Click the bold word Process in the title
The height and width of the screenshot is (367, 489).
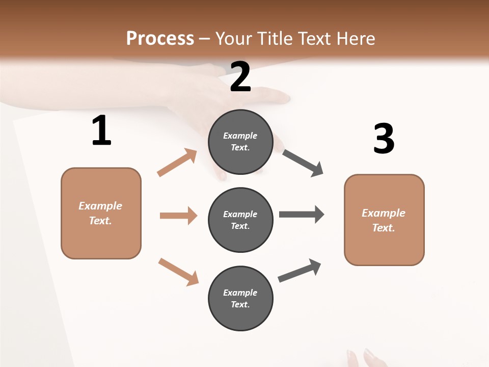tap(160, 39)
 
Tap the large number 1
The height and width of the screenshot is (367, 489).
tap(101, 131)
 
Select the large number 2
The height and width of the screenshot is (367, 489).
tap(240, 77)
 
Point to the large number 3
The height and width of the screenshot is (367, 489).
tap(384, 139)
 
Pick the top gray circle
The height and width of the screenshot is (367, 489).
tap(240, 142)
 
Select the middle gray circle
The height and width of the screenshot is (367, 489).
tap(240, 220)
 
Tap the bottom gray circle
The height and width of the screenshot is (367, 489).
tap(240, 298)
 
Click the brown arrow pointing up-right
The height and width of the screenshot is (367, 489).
tap(177, 162)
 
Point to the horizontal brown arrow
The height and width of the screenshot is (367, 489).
tap(178, 216)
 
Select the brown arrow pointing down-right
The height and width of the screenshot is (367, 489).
tap(178, 271)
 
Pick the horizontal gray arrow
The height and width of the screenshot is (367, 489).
tap(302, 215)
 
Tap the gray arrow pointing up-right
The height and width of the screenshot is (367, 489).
tap(300, 271)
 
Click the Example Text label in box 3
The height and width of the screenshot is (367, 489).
tap(384, 220)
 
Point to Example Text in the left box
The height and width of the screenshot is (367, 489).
tap(100, 213)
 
